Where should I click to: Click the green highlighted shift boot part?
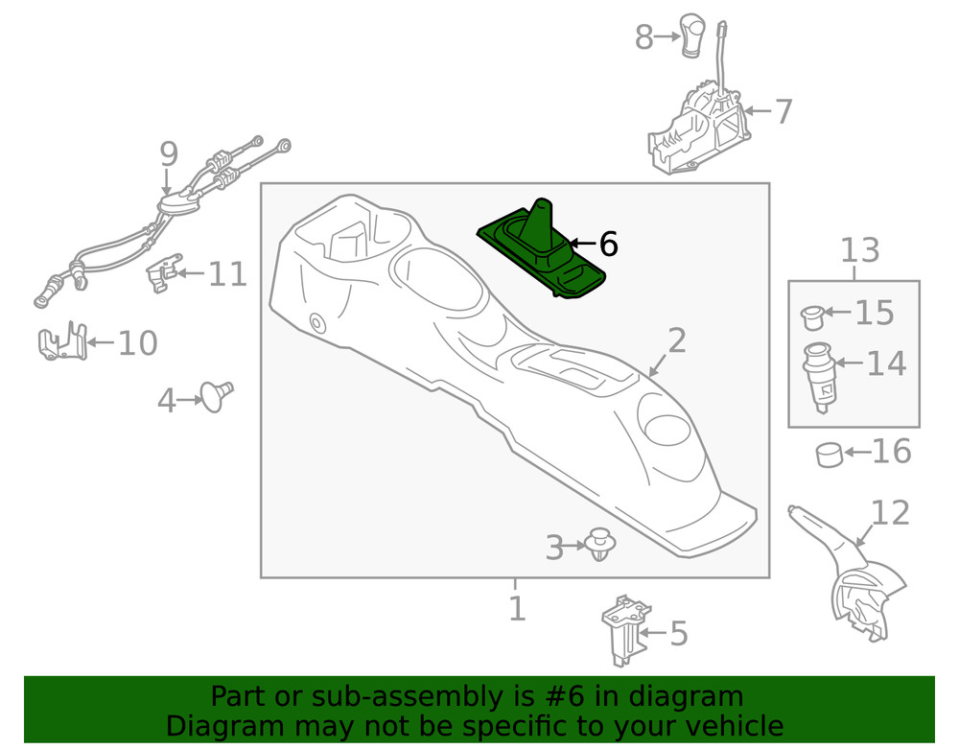pos(540,251)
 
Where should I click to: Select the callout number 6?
pos(608,245)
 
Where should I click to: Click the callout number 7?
pos(784,111)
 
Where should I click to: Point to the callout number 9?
pos(169,152)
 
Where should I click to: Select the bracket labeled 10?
pos(61,342)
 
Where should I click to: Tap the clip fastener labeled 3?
pos(601,544)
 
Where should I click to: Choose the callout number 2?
pos(677,339)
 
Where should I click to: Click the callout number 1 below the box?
pos(516,608)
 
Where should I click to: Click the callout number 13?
pos(859,251)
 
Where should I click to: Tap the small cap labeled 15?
pos(811,314)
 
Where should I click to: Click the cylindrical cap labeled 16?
pos(828,453)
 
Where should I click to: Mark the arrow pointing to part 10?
pos(102,341)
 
